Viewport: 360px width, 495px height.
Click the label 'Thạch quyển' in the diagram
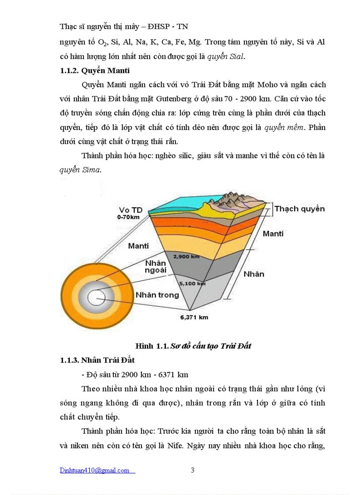click(300, 208)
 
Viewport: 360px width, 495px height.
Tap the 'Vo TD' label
click(130, 210)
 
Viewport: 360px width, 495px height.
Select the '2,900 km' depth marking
click(186, 256)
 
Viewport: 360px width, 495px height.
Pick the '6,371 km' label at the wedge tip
click(194, 317)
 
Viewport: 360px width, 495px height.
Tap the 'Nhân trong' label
click(157, 295)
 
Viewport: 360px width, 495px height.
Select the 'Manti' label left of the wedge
click(138, 246)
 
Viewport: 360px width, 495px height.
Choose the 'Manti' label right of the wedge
click(273, 234)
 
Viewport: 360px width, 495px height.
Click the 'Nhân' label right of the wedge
click(254, 274)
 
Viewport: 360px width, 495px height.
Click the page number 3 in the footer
click(192, 470)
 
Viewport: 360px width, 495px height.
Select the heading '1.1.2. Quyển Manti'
click(94, 71)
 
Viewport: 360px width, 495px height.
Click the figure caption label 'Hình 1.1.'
click(151, 346)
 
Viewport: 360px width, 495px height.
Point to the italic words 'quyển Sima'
click(80, 170)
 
